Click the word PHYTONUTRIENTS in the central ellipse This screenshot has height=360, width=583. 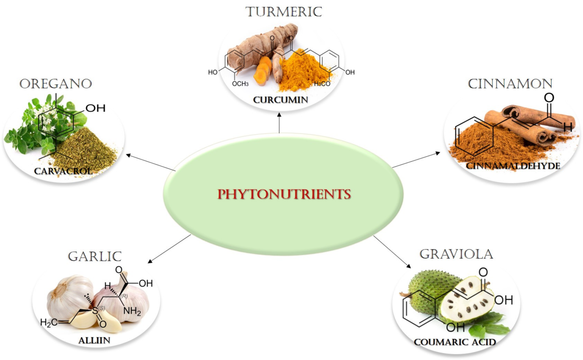tap(284, 194)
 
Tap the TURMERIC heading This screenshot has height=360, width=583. tap(284, 12)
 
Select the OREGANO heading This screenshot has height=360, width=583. tap(56, 84)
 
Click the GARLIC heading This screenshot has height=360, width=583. tap(95, 257)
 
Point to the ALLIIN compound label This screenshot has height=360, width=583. tap(94, 340)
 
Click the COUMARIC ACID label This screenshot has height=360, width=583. tap(455, 342)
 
